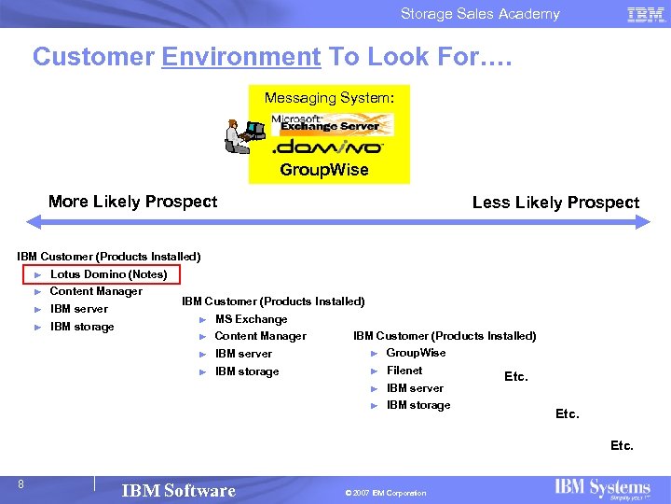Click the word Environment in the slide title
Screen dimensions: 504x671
point(240,57)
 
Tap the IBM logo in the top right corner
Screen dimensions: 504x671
point(646,14)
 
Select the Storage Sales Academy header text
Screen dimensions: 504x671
point(480,14)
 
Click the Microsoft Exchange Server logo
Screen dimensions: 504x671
point(331,124)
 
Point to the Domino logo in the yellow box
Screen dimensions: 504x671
point(326,147)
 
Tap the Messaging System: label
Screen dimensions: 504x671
point(329,97)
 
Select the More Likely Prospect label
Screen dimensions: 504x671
point(132,202)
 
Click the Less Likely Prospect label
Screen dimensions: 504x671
point(555,203)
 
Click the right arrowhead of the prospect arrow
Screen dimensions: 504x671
point(643,222)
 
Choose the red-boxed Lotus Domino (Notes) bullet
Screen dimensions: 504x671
point(108,274)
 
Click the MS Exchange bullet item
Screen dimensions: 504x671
point(251,319)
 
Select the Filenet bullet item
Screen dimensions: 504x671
point(404,371)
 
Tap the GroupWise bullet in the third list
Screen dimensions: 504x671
point(416,353)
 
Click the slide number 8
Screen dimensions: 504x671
point(21,483)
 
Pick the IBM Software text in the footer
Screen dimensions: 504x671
point(179,491)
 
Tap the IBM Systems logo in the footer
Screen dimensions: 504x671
point(602,489)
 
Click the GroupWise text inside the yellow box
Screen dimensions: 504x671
point(324,170)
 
